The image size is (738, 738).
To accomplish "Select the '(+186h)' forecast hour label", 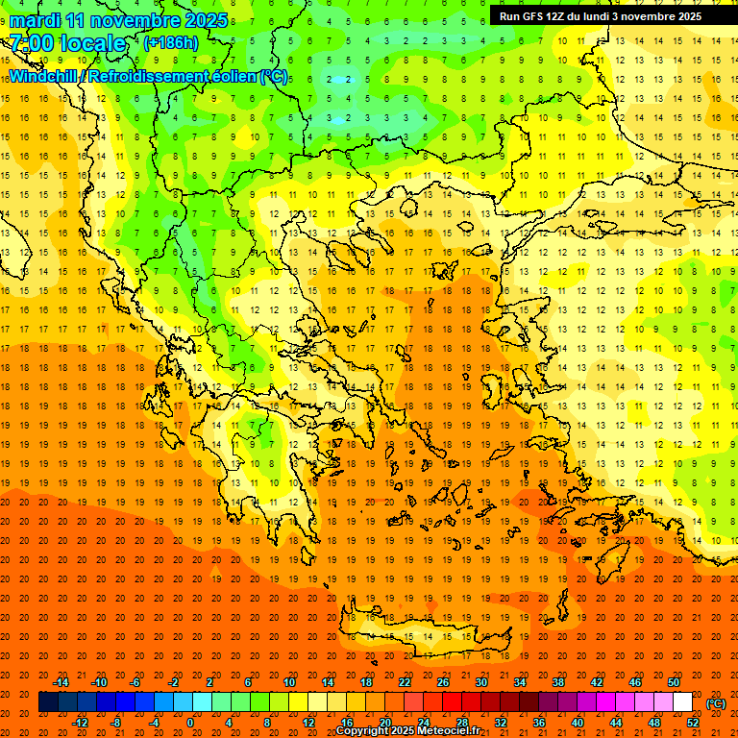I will [170, 43].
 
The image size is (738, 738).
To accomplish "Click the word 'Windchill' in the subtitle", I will [45, 76].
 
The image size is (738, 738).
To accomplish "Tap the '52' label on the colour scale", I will [693, 722].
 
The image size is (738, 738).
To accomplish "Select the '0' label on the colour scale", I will [190, 722].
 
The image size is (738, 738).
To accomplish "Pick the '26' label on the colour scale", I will [443, 682].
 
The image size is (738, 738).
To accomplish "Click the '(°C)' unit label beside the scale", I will [715, 702].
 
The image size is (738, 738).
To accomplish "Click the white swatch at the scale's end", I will [682, 702].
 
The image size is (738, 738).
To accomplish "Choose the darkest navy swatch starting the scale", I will [48, 702].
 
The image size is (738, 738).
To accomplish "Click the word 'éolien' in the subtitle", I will [232, 76].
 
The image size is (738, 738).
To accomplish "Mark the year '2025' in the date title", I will [205, 20].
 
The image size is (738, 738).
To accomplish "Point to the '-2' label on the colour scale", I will [174, 682].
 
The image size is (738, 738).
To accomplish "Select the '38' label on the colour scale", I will [558, 682].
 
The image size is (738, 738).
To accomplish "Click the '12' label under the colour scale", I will [308, 722].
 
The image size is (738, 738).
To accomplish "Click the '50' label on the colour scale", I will [674, 682].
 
